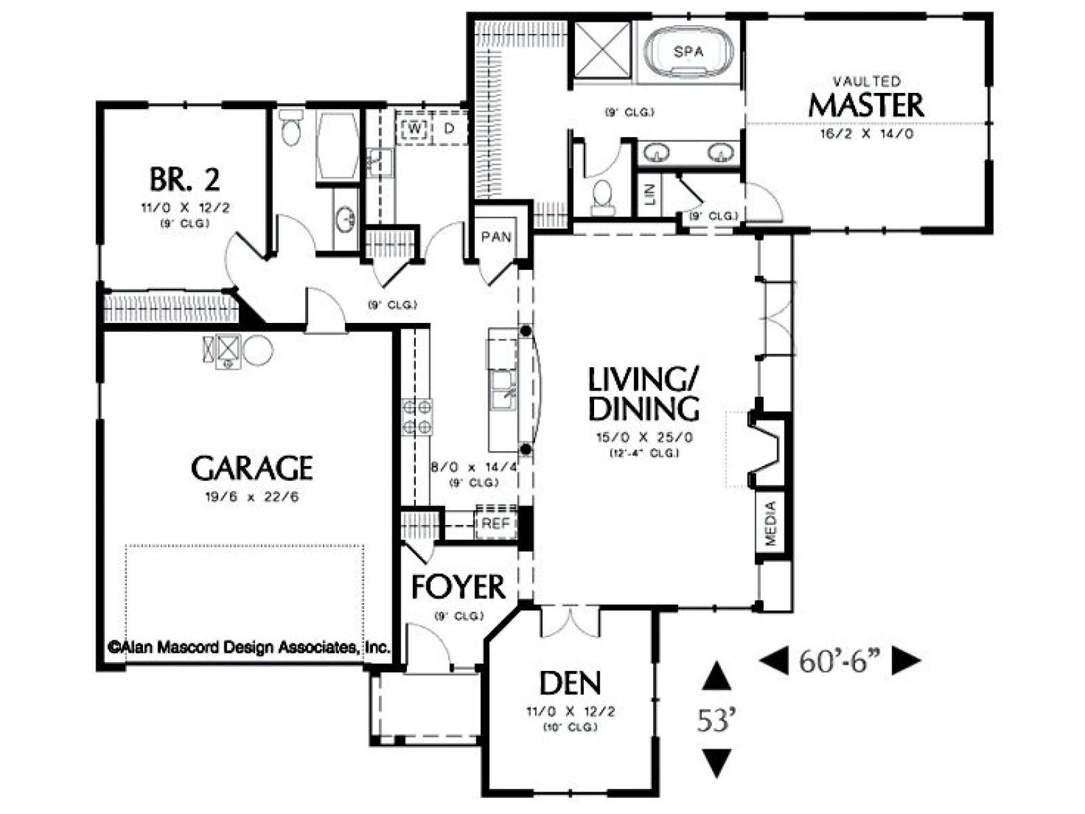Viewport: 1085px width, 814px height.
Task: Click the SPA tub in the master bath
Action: tap(688, 52)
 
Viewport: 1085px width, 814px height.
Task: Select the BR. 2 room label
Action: tap(184, 179)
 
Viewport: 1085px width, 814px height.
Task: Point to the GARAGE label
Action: tap(252, 467)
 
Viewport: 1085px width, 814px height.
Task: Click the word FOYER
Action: tap(458, 587)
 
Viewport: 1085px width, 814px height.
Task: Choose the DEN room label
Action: tap(570, 683)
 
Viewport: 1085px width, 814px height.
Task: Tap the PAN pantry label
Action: tap(496, 237)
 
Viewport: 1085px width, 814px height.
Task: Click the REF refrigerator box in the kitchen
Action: tap(496, 524)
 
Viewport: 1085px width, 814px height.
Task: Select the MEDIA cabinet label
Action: tap(770, 524)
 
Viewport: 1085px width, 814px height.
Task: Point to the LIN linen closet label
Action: tap(650, 195)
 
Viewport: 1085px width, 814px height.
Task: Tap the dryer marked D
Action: tap(449, 128)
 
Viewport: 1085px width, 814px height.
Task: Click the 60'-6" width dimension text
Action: tap(840, 662)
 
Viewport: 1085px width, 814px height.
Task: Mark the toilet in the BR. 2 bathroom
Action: tap(291, 127)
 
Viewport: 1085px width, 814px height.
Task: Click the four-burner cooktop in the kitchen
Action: tap(416, 417)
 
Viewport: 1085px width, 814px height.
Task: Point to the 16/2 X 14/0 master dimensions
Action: tap(867, 134)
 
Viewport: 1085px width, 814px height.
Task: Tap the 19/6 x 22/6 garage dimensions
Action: tap(252, 497)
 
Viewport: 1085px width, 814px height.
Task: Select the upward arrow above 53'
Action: tap(716, 676)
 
